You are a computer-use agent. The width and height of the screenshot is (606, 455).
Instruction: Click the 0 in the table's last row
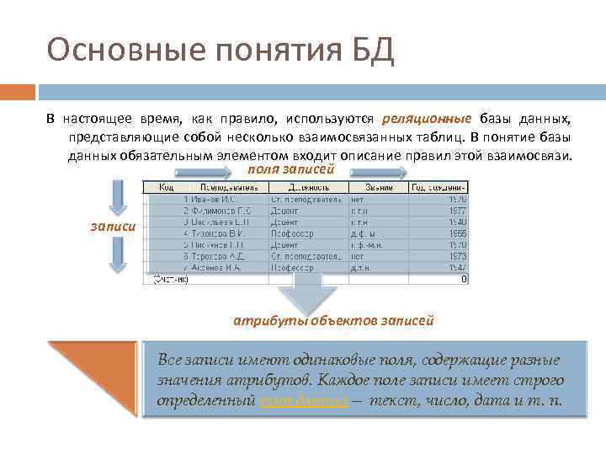(x=464, y=279)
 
